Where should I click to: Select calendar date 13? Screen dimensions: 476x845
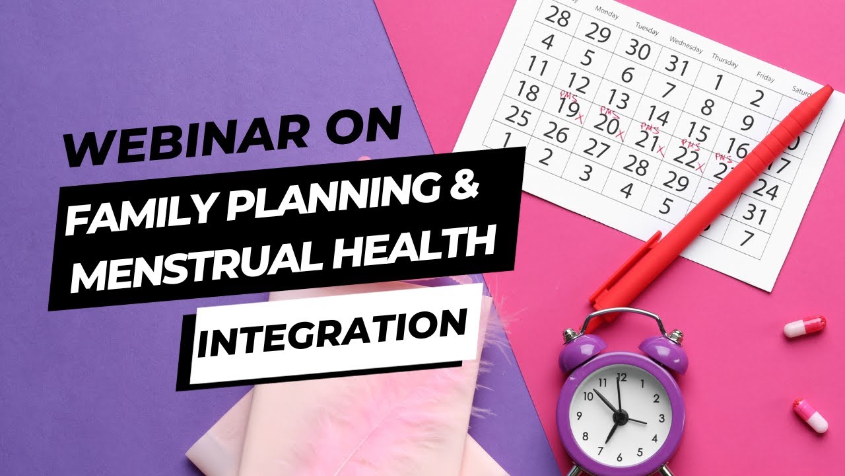618,99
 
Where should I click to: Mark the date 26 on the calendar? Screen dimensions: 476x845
556,134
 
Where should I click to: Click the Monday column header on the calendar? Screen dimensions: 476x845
607,11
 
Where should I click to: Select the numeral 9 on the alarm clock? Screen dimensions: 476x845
579,416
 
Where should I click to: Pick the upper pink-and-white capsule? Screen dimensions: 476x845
805,327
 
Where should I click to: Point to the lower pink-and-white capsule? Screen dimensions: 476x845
811,415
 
